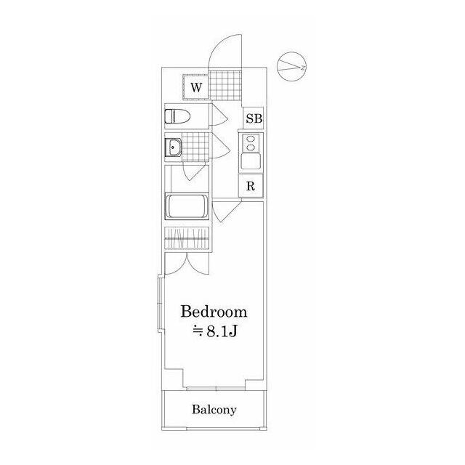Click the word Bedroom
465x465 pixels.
click(214, 312)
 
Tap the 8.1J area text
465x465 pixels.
click(215, 332)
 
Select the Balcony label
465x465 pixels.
click(214, 410)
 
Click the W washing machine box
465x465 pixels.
click(196, 87)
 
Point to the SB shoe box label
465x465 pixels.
click(254, 118)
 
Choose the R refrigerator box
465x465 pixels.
click(251, 186)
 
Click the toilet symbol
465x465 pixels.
click(177, 116)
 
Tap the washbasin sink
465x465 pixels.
click(173, 147)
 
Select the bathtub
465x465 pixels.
click(187, 206)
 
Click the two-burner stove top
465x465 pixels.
click(251, 142)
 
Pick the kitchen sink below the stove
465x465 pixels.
click(251, 161)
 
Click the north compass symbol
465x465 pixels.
click(292, 67)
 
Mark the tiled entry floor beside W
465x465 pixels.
click(225, 86)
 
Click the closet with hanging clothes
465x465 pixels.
click(187, 238)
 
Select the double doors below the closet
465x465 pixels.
click(187, 264)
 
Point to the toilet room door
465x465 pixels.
click(219, 116)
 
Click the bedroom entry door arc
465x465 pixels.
click(227, 211)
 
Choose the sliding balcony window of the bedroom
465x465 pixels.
click(217, 388)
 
